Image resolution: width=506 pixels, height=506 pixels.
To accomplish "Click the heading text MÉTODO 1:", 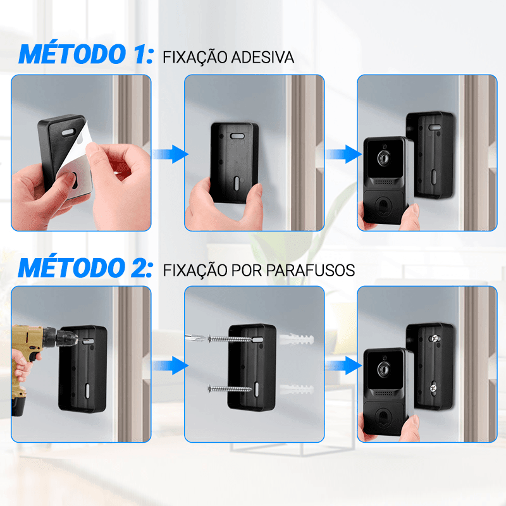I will [x=85, y=54].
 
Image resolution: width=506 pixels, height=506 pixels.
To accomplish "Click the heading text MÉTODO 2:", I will [x=85, y=267].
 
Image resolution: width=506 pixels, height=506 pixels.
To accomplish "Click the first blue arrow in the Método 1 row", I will [x=169, y=154].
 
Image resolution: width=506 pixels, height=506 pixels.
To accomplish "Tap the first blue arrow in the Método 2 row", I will [x=169, y=366].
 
